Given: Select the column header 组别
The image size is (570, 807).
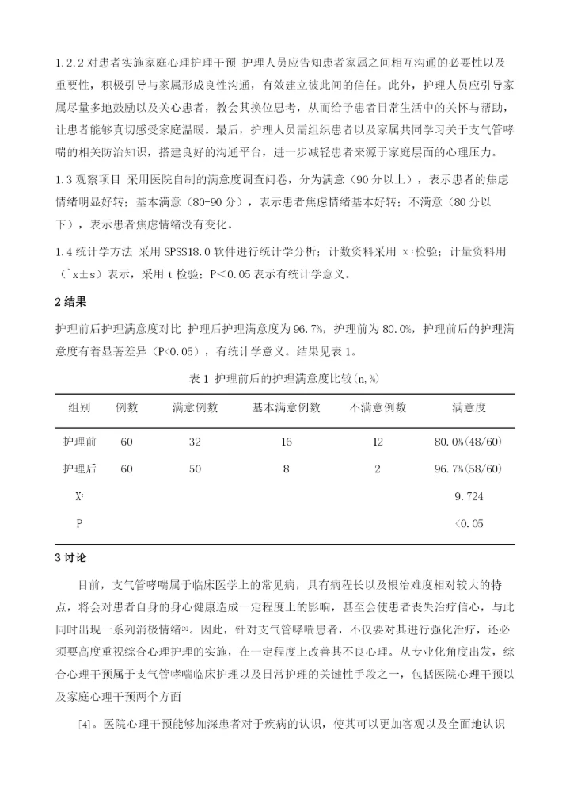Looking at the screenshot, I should [79, 407].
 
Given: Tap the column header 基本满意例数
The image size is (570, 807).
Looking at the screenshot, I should [287, 407].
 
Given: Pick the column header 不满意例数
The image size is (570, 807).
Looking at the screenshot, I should [378, 407].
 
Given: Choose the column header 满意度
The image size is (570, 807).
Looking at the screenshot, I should [469, 407].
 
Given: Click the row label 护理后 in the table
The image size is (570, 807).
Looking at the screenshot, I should [79, 469].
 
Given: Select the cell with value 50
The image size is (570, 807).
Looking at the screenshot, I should [195, 469].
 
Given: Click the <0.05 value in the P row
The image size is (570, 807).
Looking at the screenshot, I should [469, 523].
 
